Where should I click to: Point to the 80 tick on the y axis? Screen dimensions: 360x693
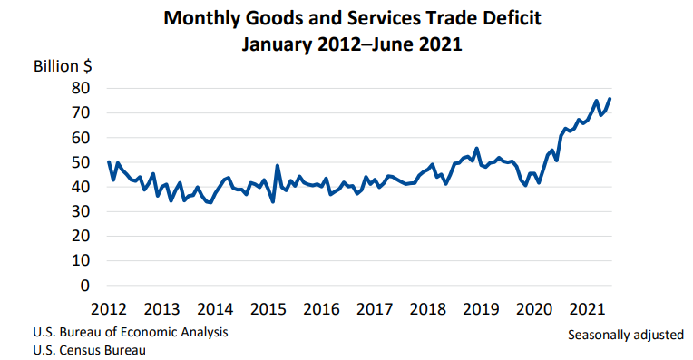point(81,88)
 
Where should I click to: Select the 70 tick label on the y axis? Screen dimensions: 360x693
point(81,112)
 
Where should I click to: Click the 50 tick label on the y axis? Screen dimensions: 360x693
point(81,162)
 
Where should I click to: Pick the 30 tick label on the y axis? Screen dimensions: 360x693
point(81,211)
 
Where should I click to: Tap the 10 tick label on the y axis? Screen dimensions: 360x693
point(81,260)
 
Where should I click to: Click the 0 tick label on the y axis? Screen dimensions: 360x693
point(85,285)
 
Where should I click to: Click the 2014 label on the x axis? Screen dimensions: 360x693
point(215,309)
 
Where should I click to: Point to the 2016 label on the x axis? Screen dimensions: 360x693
point(320,309)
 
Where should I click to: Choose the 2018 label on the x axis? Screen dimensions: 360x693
point(426,309)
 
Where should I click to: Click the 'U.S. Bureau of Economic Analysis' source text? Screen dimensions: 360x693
point(131,332)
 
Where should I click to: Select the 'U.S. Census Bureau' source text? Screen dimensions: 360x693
point(89,350)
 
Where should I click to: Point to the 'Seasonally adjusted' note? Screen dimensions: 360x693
point(626,335)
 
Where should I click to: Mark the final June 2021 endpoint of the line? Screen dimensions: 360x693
point(610,98)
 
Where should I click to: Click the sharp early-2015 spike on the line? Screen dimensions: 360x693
point(277,166)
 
